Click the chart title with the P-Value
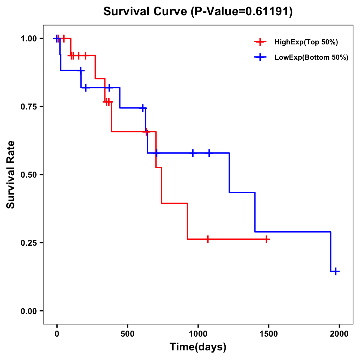point(198,12)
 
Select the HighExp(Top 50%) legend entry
point(306,42)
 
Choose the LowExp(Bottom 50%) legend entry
point(311,58)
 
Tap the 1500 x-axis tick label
point(269,334)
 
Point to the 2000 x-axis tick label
point(339,334)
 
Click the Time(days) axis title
point(198,347)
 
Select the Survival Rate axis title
point(11,175)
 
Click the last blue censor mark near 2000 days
point(336,271)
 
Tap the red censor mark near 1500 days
point(266,239)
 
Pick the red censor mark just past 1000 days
point(208,239)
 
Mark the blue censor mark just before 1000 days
point(193,153)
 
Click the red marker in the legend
point(260,42)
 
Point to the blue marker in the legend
point(260,58)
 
